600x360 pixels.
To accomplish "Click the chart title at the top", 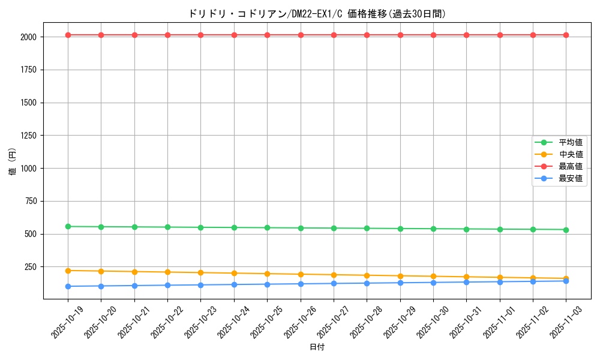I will click(317, 14).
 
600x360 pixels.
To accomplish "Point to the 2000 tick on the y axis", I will click(28, 37).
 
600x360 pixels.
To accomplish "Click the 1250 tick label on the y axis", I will click(28, 136).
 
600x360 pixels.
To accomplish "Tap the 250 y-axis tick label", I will click(31, 267).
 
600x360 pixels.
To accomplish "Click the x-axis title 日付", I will click(317, 347).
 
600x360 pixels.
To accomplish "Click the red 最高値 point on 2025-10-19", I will click(68, 35).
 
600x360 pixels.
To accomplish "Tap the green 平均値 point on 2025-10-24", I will click(234, 227).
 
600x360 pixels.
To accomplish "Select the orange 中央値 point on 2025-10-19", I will click(68, 271).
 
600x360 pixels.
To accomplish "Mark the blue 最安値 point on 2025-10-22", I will click(167, 285).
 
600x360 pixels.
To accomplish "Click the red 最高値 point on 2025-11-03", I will click(566, 35).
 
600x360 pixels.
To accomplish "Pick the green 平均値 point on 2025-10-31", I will click(466, 229).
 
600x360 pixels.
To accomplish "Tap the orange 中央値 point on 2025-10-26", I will click(301, 274).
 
